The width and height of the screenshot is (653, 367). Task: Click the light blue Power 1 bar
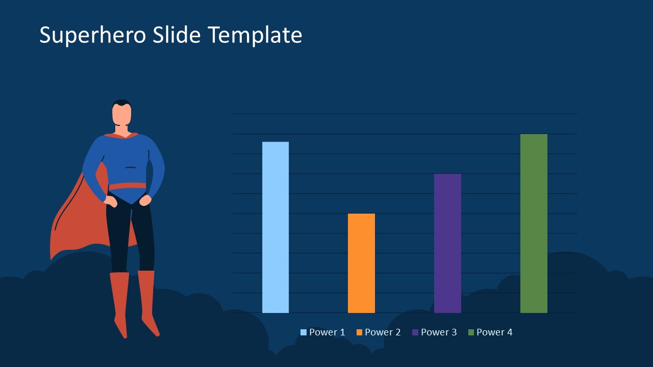275,227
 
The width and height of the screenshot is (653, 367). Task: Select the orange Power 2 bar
361,263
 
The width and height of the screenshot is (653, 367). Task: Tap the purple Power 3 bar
447,243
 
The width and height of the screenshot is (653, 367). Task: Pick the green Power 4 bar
534,223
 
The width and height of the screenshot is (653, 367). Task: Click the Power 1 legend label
327,332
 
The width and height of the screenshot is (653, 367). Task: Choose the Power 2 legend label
383,332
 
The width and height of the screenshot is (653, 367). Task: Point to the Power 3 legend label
439,332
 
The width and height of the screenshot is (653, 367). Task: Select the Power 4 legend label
494,332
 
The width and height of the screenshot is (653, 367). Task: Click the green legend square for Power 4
471,332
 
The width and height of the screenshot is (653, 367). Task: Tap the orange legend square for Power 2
360,332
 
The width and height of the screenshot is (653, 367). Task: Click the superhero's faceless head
121,115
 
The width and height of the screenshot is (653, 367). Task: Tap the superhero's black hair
121,102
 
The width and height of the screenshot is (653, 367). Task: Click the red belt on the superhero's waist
128,186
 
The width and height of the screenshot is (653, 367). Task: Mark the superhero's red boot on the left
119,301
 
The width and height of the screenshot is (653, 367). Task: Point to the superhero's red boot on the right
147,301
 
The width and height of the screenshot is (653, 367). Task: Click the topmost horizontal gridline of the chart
405,114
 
